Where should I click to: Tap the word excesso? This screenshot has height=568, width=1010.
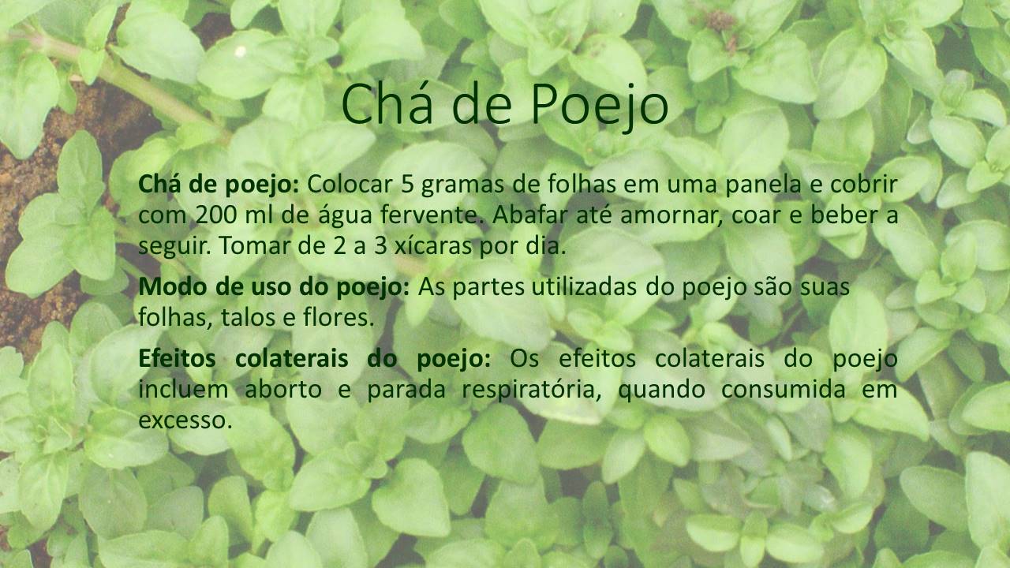click(x=185, y=420)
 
